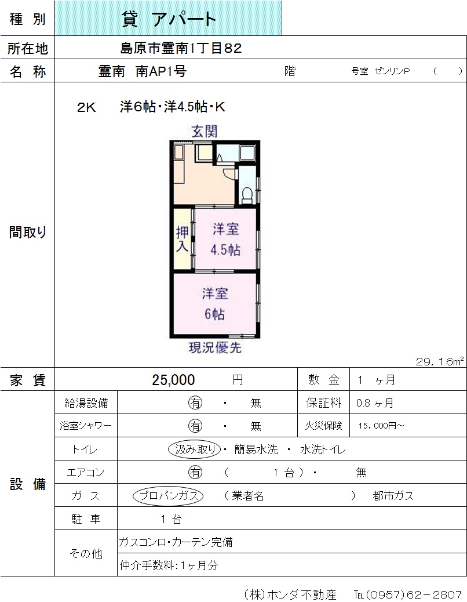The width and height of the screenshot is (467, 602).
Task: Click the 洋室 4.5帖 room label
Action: (x=225, y=240)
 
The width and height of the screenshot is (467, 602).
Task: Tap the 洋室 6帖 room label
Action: (x=215, y=304)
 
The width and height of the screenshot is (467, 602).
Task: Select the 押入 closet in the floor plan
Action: (x=182, y=239)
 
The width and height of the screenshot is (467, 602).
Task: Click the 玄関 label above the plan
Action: (x=205, y=131)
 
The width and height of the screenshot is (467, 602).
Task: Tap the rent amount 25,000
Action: (x=173, y=380)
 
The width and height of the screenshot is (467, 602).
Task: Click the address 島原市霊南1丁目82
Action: (x=181, y=48)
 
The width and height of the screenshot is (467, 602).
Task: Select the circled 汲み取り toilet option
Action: (x=195, y=449)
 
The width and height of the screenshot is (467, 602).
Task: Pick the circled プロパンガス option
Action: (x=168, y=496)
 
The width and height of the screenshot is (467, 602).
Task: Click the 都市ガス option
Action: (x=393, y=496)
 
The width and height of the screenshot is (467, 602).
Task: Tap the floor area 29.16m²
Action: (x=440, y=361)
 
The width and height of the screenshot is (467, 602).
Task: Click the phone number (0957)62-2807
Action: (x=413, y=594)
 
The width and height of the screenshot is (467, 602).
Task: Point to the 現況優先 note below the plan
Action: (x=215, y=348)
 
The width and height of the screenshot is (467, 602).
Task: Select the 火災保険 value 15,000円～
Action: (x=381, y=426)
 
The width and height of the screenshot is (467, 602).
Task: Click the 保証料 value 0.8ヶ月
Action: (x=375, y=402)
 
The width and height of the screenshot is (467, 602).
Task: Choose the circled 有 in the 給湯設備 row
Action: (x=195, y=402)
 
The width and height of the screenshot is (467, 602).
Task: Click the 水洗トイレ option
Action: (x=323, y=449)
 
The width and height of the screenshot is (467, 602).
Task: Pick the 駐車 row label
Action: (x=86, y=519)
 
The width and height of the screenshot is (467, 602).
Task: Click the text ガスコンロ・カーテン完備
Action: (x=176, y=542)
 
